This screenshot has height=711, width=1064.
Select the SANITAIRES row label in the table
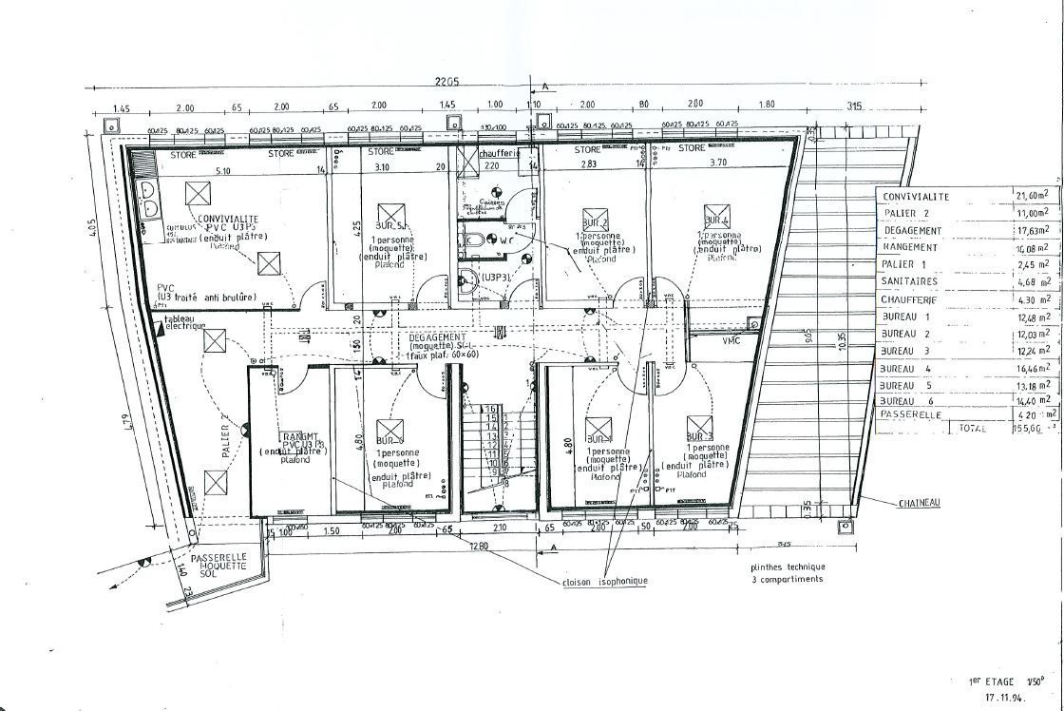point(909,281)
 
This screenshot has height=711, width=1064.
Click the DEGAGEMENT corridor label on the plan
point(437,337)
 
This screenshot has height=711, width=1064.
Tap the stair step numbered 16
point(491,408)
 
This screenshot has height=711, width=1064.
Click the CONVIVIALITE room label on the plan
point(230,219)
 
